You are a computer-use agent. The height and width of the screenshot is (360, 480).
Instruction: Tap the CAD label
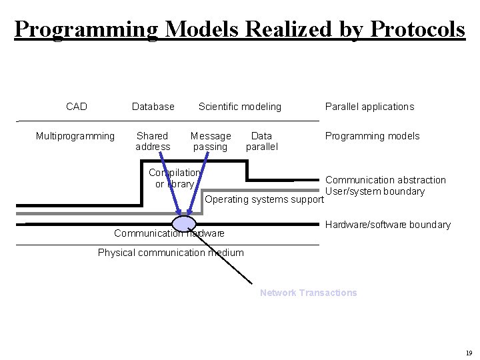pyautogui.click(x=77, y=107)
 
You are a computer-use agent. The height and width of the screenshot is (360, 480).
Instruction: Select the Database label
pyautogui.click(x=153, y=107)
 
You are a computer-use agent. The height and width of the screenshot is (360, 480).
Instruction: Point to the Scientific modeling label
pyautogui.click(x=240, y=107)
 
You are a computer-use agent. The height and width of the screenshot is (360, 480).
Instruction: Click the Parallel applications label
pyautogui.click(x=369, y=107)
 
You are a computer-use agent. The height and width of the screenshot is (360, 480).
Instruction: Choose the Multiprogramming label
pyautogui.click(x=75, y=136)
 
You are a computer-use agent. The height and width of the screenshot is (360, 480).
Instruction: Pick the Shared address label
pyautogui.click(x=153, y=141)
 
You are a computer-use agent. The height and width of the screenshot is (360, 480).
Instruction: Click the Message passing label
pyautogui.click(x=211, y=141)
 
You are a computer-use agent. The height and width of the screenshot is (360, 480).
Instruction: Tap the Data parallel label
pyautogui.click(x=261, y=141)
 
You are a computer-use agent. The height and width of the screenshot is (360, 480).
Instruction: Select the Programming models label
pyautogui.click(x=372, y=136)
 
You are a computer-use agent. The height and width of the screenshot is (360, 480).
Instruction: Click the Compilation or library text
pyautogui.click(x=174, y=178)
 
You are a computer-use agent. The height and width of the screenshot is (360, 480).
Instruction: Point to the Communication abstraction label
pyautogui.click(x=385, y=180)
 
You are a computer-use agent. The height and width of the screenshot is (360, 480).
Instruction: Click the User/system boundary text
pyautogui.click(x=375, y=191)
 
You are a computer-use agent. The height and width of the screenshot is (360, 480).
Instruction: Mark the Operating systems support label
pyautogui.click(x=264, y=199)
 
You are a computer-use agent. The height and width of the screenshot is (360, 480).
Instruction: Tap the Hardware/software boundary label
pyautogui.click(x=388, y=225)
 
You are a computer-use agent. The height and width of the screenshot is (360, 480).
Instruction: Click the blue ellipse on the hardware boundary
pyautogui.click(x=184, y=223)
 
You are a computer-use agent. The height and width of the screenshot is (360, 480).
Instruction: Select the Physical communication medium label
pyautogui.click(x=171, y=253)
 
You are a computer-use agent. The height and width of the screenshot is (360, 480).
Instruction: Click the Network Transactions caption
pyautogui.click(x=308, y=293)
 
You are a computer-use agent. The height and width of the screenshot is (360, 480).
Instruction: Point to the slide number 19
pyautogui.click(x=469, y=353)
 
